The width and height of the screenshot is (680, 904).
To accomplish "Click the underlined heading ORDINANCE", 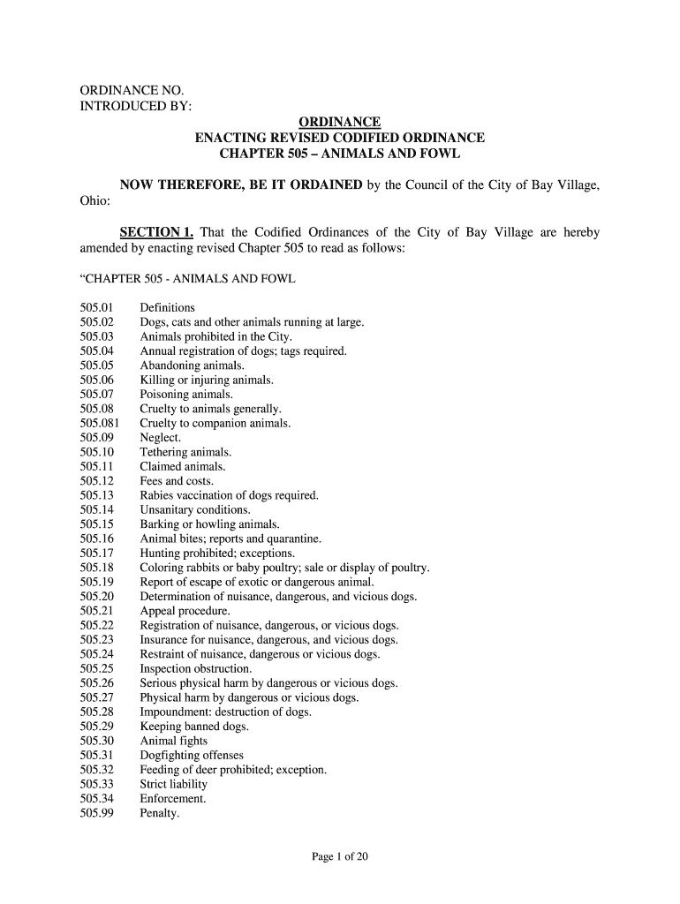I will [339, 122].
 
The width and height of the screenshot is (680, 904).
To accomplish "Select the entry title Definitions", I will [168, 308].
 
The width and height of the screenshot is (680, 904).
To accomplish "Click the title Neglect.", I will [161, 438].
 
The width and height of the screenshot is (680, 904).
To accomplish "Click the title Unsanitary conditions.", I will [195, 510].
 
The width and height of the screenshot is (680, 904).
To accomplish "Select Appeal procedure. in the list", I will [185, 611].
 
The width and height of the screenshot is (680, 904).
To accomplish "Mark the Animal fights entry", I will [174, 742].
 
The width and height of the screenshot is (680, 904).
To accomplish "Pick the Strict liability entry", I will [174, 785].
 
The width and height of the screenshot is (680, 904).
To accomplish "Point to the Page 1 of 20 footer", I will [340, 855].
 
